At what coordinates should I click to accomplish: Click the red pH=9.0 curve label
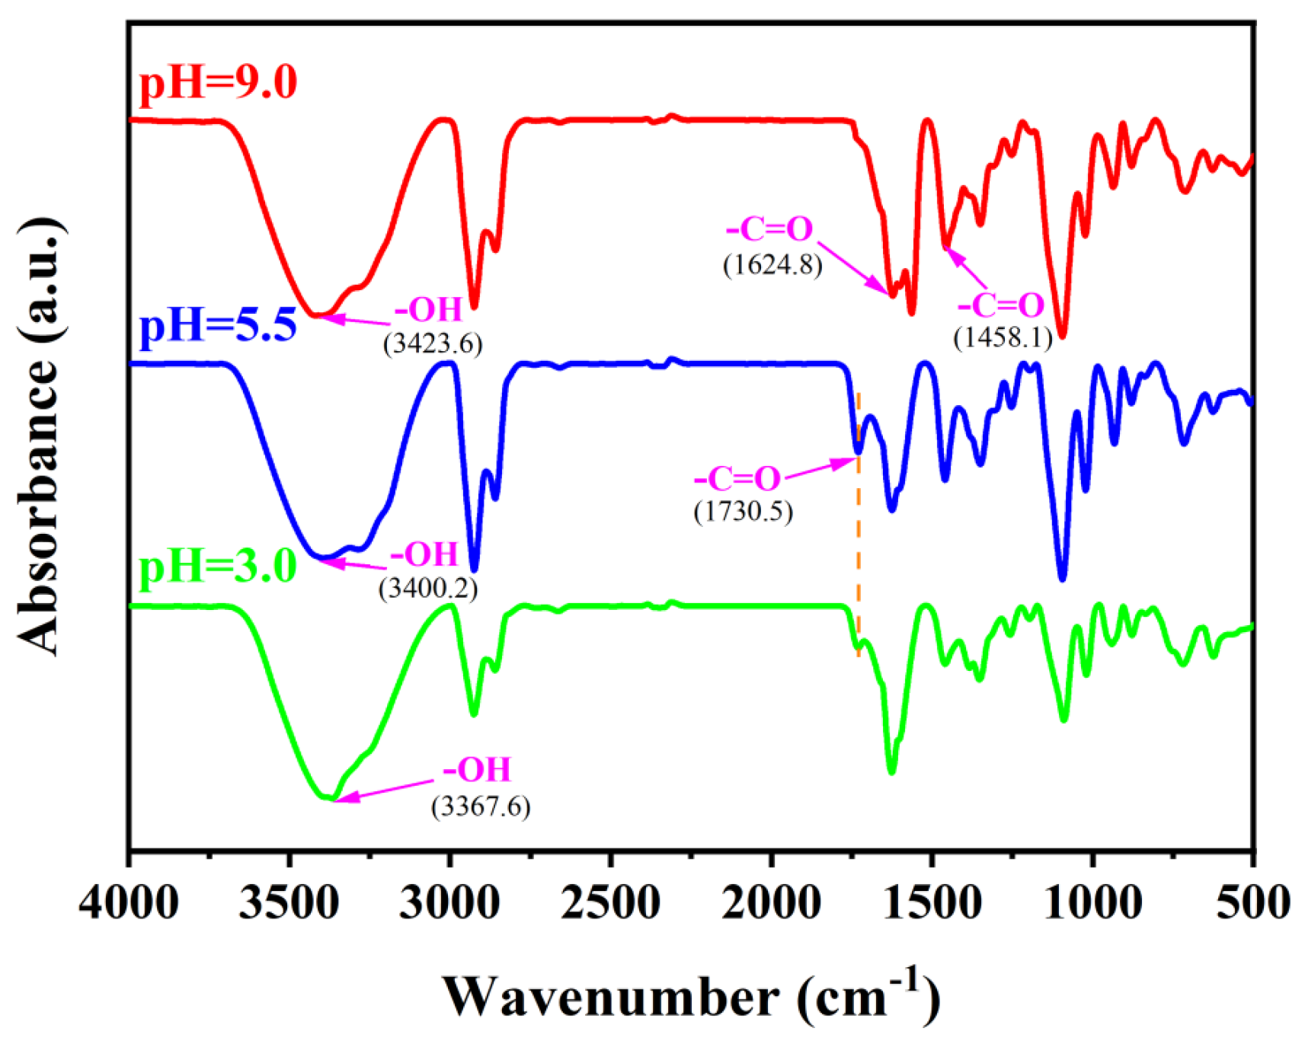(218, 82)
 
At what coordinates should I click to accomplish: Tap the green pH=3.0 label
(218, 567)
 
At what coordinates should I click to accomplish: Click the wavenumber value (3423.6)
(433, 344)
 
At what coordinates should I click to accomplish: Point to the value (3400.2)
(428, 588)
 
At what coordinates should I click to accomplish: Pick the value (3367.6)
(481, 806)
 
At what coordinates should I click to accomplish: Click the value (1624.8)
(772, 264)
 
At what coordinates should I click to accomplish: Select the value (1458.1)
(1003, 337)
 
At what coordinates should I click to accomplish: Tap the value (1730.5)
(743, 511)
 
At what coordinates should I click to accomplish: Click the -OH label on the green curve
(477, 770)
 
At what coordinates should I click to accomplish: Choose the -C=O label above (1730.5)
(737, 479)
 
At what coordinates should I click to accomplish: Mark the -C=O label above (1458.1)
(1000, 305)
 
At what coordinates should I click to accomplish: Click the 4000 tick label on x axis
(130, 904)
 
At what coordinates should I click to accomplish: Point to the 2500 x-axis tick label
(610, 904)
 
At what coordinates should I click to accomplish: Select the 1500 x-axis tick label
(931, 904)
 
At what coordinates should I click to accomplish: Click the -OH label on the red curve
(428, 310)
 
